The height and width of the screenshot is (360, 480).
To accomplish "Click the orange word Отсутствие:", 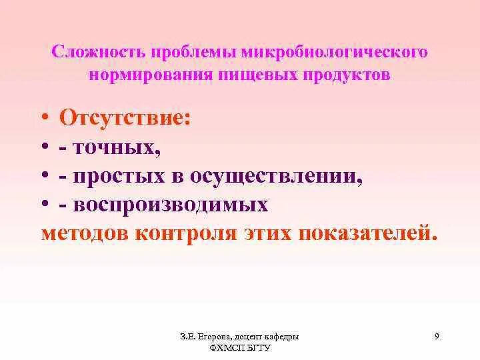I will point(125,119).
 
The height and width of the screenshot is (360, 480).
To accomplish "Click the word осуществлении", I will point(277,177).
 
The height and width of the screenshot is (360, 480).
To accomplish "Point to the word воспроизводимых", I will point(171,205).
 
